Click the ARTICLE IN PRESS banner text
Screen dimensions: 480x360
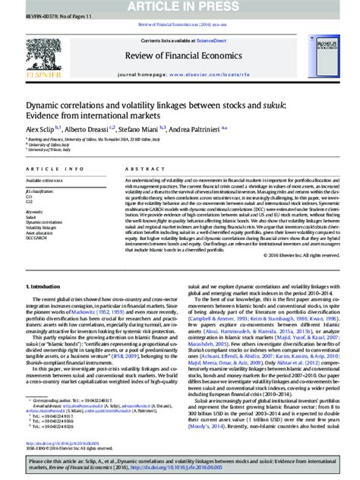point(180,5)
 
